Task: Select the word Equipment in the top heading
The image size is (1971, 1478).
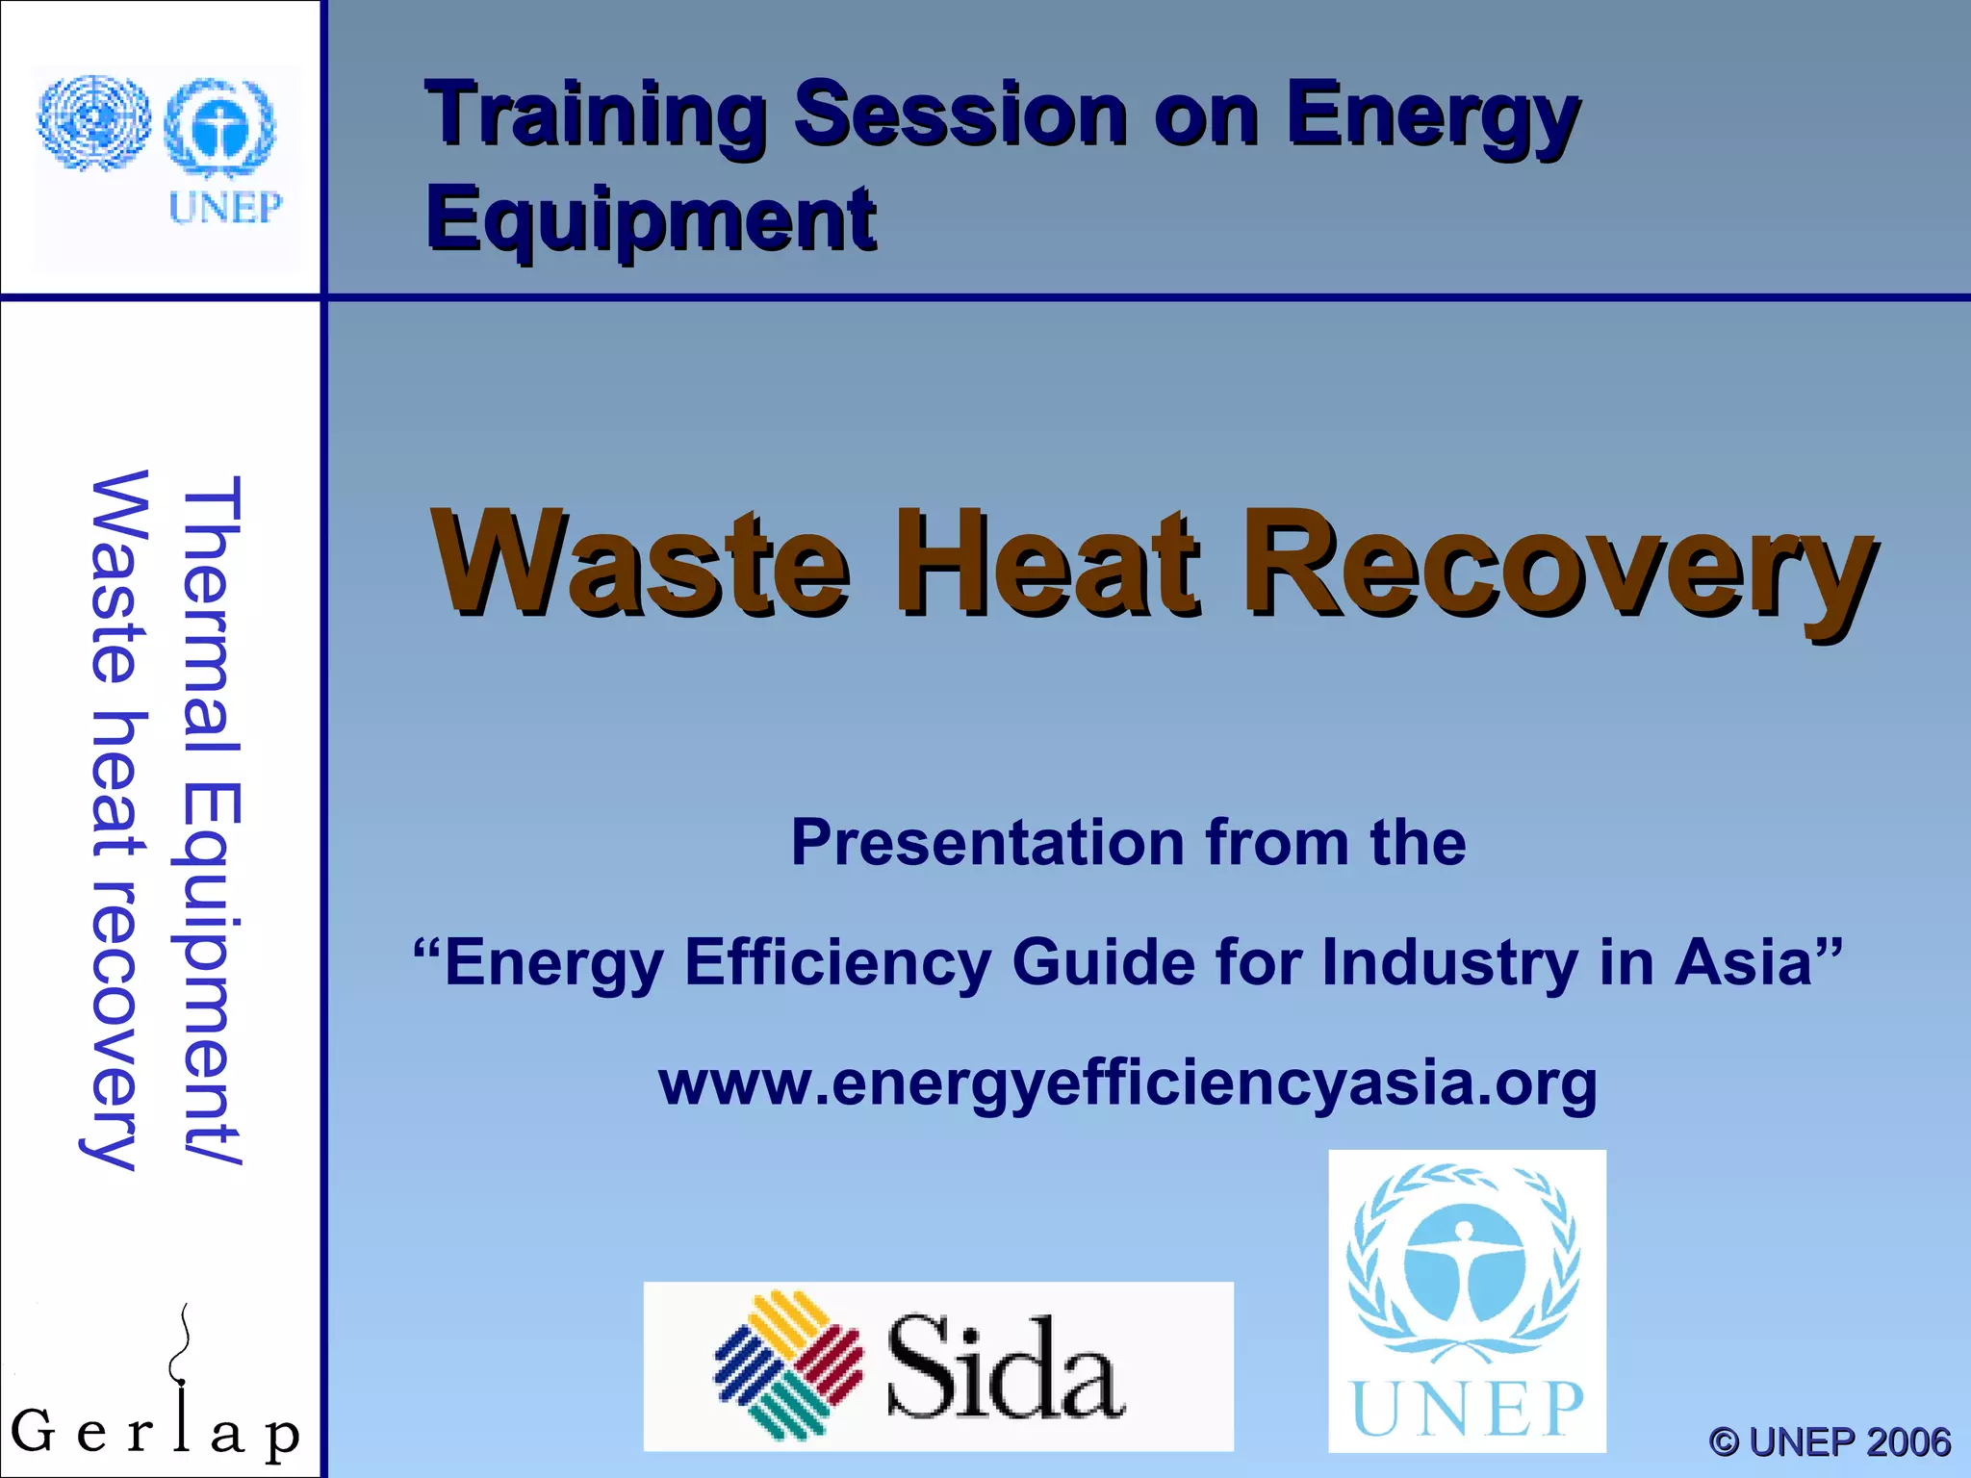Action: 651,219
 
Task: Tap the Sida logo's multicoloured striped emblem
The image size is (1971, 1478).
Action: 788,1365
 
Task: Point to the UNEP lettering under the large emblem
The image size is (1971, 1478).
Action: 1467,1409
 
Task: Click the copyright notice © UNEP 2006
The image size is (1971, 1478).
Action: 1829,1441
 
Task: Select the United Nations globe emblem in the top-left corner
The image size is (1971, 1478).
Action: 93,123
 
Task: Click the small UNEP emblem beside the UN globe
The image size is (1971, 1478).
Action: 220,128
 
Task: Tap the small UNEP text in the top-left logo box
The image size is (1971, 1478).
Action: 225,207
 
